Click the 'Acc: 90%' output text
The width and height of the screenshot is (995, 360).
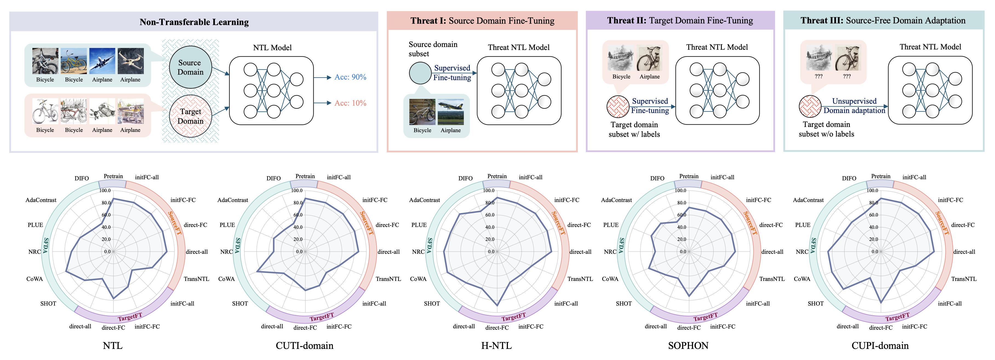point(350,77)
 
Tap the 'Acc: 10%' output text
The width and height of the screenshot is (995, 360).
point(350,103)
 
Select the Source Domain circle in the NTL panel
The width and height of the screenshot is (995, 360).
point(190,67)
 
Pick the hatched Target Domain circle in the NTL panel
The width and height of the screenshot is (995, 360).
point(190,116)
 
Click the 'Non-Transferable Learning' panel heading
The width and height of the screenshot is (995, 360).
point(194,22)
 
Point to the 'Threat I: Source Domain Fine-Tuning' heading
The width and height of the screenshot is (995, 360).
point(482,21)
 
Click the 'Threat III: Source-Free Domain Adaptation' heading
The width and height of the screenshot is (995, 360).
point(883,21)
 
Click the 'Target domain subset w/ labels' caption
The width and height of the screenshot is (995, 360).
point(634,129)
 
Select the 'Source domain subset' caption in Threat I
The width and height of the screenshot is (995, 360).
point(433,49)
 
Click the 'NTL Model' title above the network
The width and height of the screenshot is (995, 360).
point(272,47)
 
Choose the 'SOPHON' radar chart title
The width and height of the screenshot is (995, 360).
point(688,345)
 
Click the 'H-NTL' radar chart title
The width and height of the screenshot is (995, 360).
point(496,345)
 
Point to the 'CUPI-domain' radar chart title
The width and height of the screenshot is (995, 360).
point(880,345)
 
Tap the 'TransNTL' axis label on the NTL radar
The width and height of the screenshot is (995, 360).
point(196,279)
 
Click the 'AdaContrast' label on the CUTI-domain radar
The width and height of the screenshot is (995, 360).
point(233,200)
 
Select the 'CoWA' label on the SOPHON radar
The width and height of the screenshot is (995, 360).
point(610,279)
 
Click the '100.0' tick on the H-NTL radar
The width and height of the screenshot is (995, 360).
point(489,190)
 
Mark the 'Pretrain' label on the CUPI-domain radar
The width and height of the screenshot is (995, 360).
point(881,176)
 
